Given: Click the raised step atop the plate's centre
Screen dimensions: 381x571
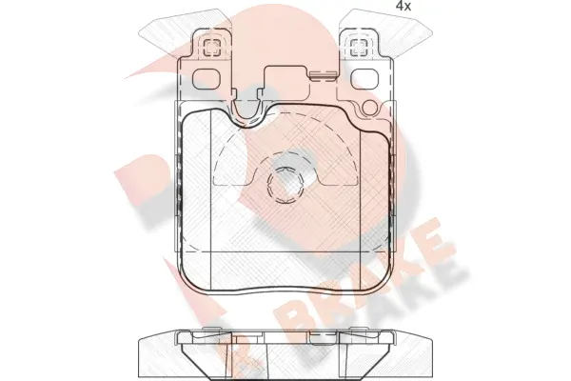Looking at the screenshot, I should click(x=285, y=76).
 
